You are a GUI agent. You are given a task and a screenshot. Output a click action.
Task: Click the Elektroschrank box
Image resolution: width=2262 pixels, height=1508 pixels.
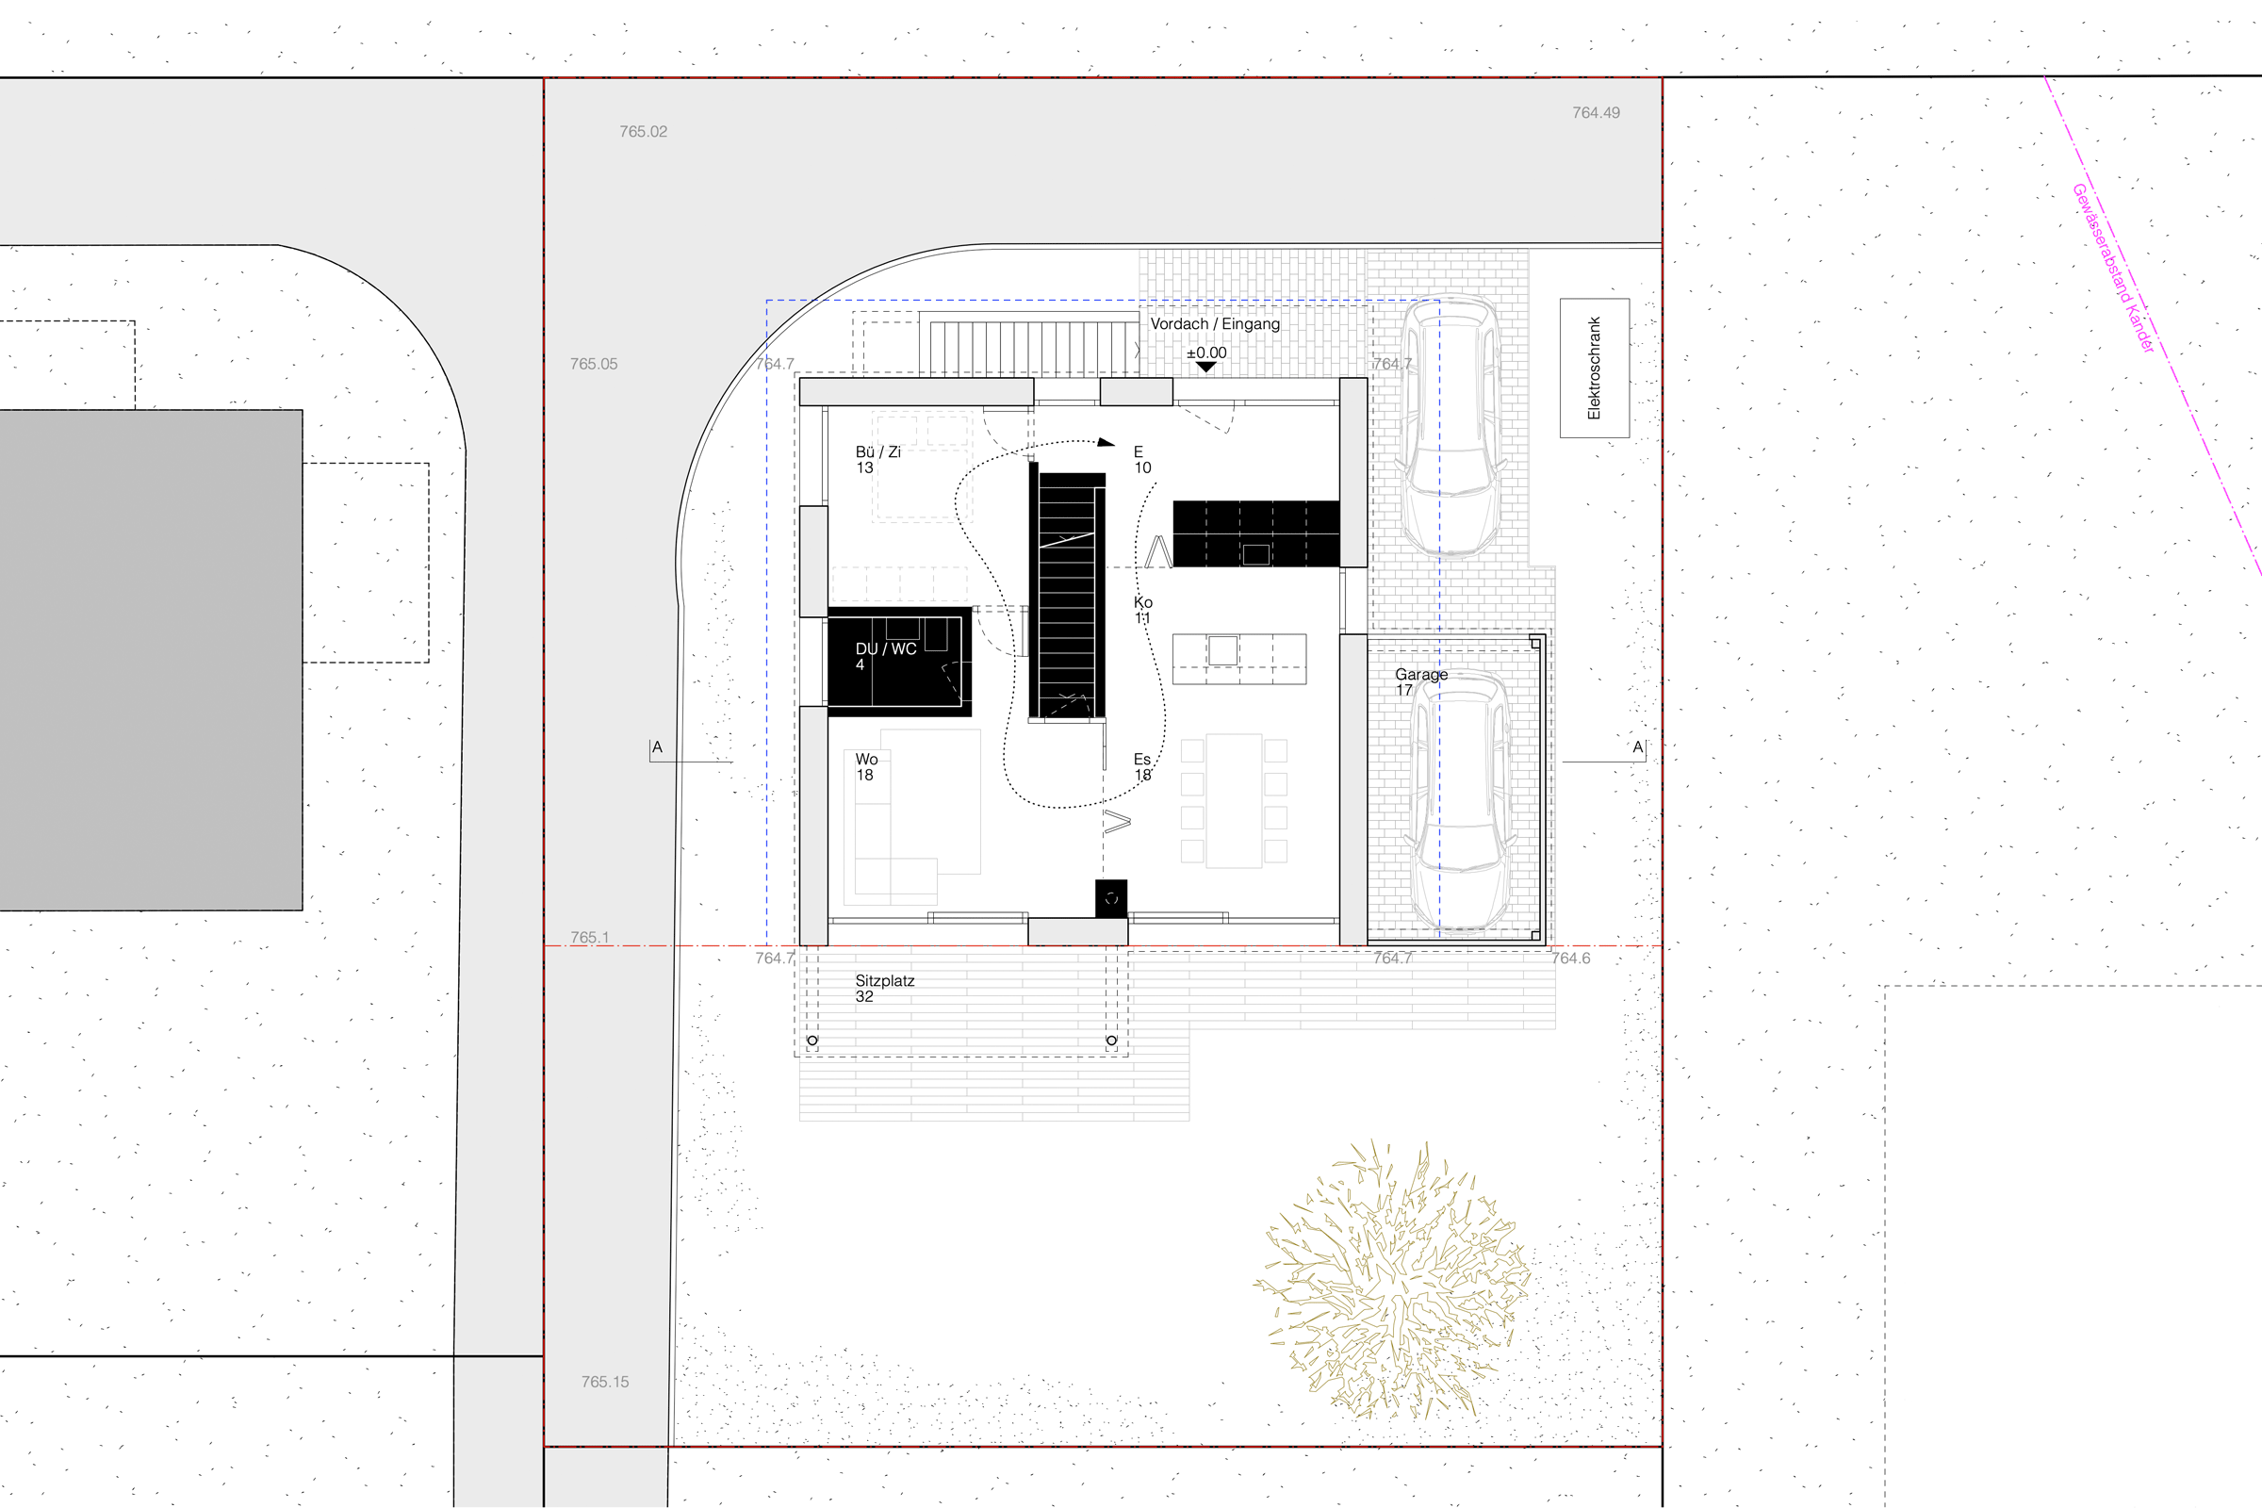1595,369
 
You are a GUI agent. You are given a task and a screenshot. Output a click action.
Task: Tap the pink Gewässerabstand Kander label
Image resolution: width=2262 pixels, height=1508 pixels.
2114,269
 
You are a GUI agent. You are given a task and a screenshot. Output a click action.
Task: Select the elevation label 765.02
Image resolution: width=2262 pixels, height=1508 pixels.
644,132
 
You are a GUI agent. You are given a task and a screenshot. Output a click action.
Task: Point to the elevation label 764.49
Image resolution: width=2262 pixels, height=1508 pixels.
1597,112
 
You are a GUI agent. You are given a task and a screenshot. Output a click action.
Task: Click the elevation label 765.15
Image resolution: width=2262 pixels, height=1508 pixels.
605,1382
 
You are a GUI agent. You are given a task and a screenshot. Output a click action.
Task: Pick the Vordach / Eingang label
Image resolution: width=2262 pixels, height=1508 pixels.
1215,324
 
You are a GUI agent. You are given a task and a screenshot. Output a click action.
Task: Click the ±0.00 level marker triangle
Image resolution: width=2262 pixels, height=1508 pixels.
1205,367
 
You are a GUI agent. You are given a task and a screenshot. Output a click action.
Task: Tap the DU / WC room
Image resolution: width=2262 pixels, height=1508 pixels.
899,662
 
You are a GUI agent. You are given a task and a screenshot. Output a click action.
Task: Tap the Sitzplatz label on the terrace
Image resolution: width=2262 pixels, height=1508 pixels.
885,981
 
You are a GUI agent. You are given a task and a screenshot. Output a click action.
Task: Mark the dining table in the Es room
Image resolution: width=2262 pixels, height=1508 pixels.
1234,801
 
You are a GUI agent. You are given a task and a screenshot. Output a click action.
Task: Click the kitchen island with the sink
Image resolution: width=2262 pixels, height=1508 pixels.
1238,659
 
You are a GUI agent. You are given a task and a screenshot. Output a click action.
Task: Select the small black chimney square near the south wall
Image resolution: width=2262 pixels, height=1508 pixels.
1111,898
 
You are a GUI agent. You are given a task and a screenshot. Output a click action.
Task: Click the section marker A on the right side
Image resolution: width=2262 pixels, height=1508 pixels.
1638,747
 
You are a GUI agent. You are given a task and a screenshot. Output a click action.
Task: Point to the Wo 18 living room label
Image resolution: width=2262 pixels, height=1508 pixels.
866,767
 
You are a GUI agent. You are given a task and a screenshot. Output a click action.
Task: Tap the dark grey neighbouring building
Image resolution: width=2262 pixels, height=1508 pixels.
151,660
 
